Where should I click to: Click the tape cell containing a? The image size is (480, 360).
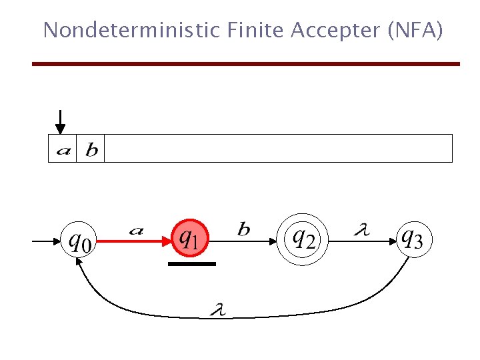click(63, 149)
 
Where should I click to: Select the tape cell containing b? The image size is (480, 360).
click(91, 149)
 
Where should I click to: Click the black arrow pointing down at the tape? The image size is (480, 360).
click(60, 122)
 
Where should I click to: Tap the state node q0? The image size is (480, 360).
click(77, 241)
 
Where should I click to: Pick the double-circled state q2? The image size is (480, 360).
click(305, 238)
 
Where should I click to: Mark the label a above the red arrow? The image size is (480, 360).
click(135, 231)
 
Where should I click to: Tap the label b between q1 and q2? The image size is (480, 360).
click(244, 230)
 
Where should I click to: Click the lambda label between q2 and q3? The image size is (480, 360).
click(361, 231)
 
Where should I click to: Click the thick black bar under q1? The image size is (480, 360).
click(192, 264)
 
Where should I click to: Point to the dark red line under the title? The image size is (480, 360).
click(246, 64)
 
